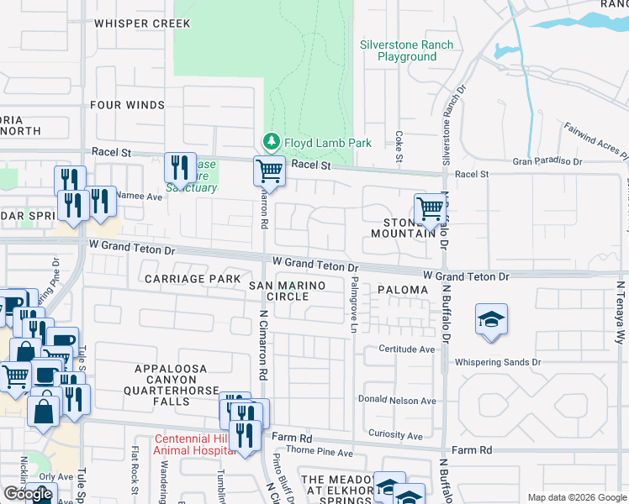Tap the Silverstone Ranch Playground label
406,50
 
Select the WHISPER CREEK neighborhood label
142,24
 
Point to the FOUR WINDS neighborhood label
128,105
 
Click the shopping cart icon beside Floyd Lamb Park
269,171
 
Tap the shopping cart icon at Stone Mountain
430,207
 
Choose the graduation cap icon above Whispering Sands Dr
491,320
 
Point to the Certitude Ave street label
406,349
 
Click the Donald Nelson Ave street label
397,401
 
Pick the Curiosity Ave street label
395,435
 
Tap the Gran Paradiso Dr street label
547,160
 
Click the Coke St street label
398,146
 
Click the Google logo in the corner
29,494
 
